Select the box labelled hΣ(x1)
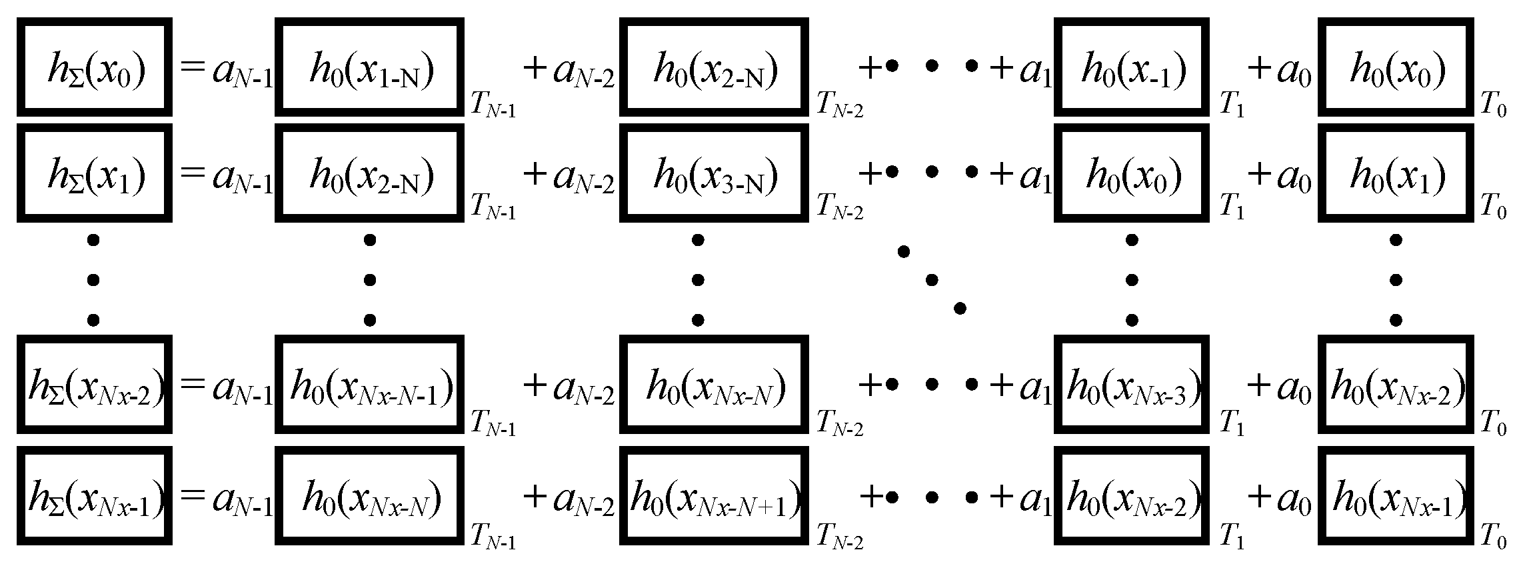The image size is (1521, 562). coord(95,173)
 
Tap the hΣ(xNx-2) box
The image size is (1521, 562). coord(95,385)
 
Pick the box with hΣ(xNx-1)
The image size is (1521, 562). coord(95,496)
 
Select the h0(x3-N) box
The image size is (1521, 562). coord(714,173)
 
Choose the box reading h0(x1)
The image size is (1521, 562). coord(1396,173)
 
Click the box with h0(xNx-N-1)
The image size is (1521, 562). coord(370,385)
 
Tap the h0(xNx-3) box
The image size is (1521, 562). coord(1131,385)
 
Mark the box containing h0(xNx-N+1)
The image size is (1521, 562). coord(714,496)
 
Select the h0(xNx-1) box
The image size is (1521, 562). coord(1396,496)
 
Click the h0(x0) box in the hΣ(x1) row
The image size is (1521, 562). coord(1131,173)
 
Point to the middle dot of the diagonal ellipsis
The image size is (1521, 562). coord(932,279)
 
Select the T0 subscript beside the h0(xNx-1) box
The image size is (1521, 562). coord(1493,537)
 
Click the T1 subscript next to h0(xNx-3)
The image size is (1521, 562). coord(1231,425)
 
